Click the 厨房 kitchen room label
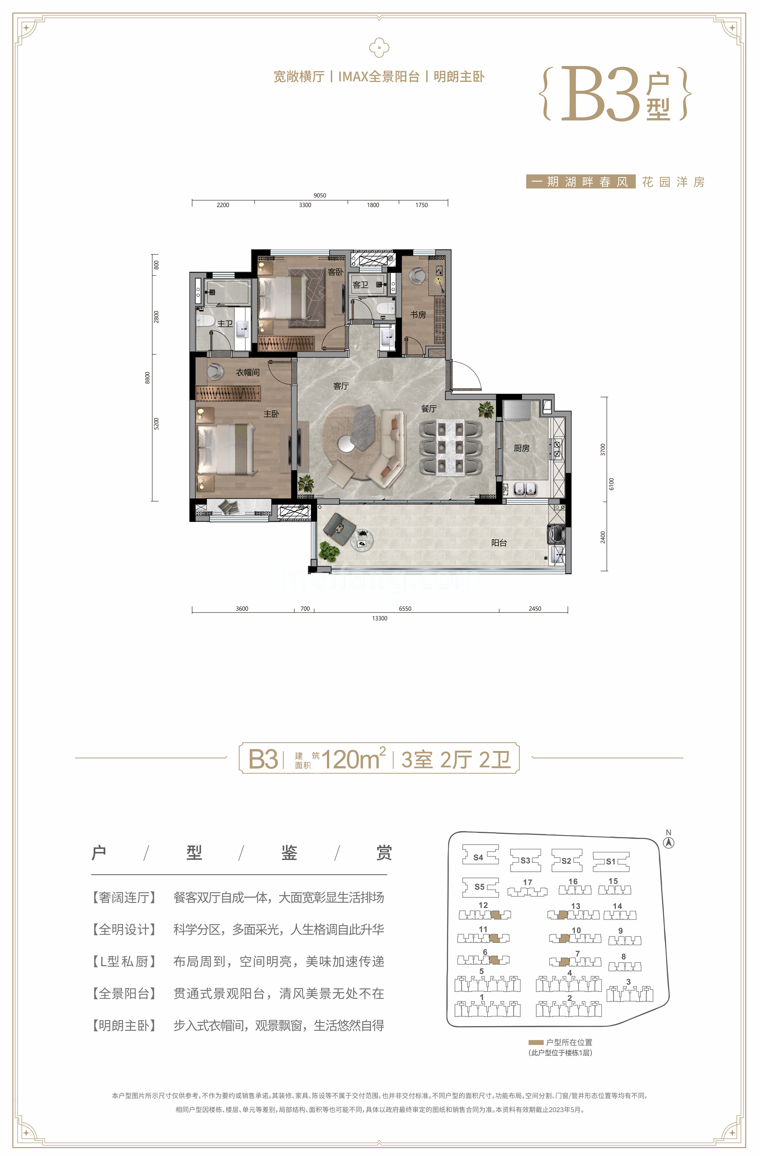(522, 448)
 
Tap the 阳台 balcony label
(499, 543)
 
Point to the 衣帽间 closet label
(248, 372)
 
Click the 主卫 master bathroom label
(225, 323)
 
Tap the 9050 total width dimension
(319, 195)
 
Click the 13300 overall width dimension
(379, 618)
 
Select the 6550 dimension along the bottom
(405, 609)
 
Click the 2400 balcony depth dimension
(603, 537)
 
